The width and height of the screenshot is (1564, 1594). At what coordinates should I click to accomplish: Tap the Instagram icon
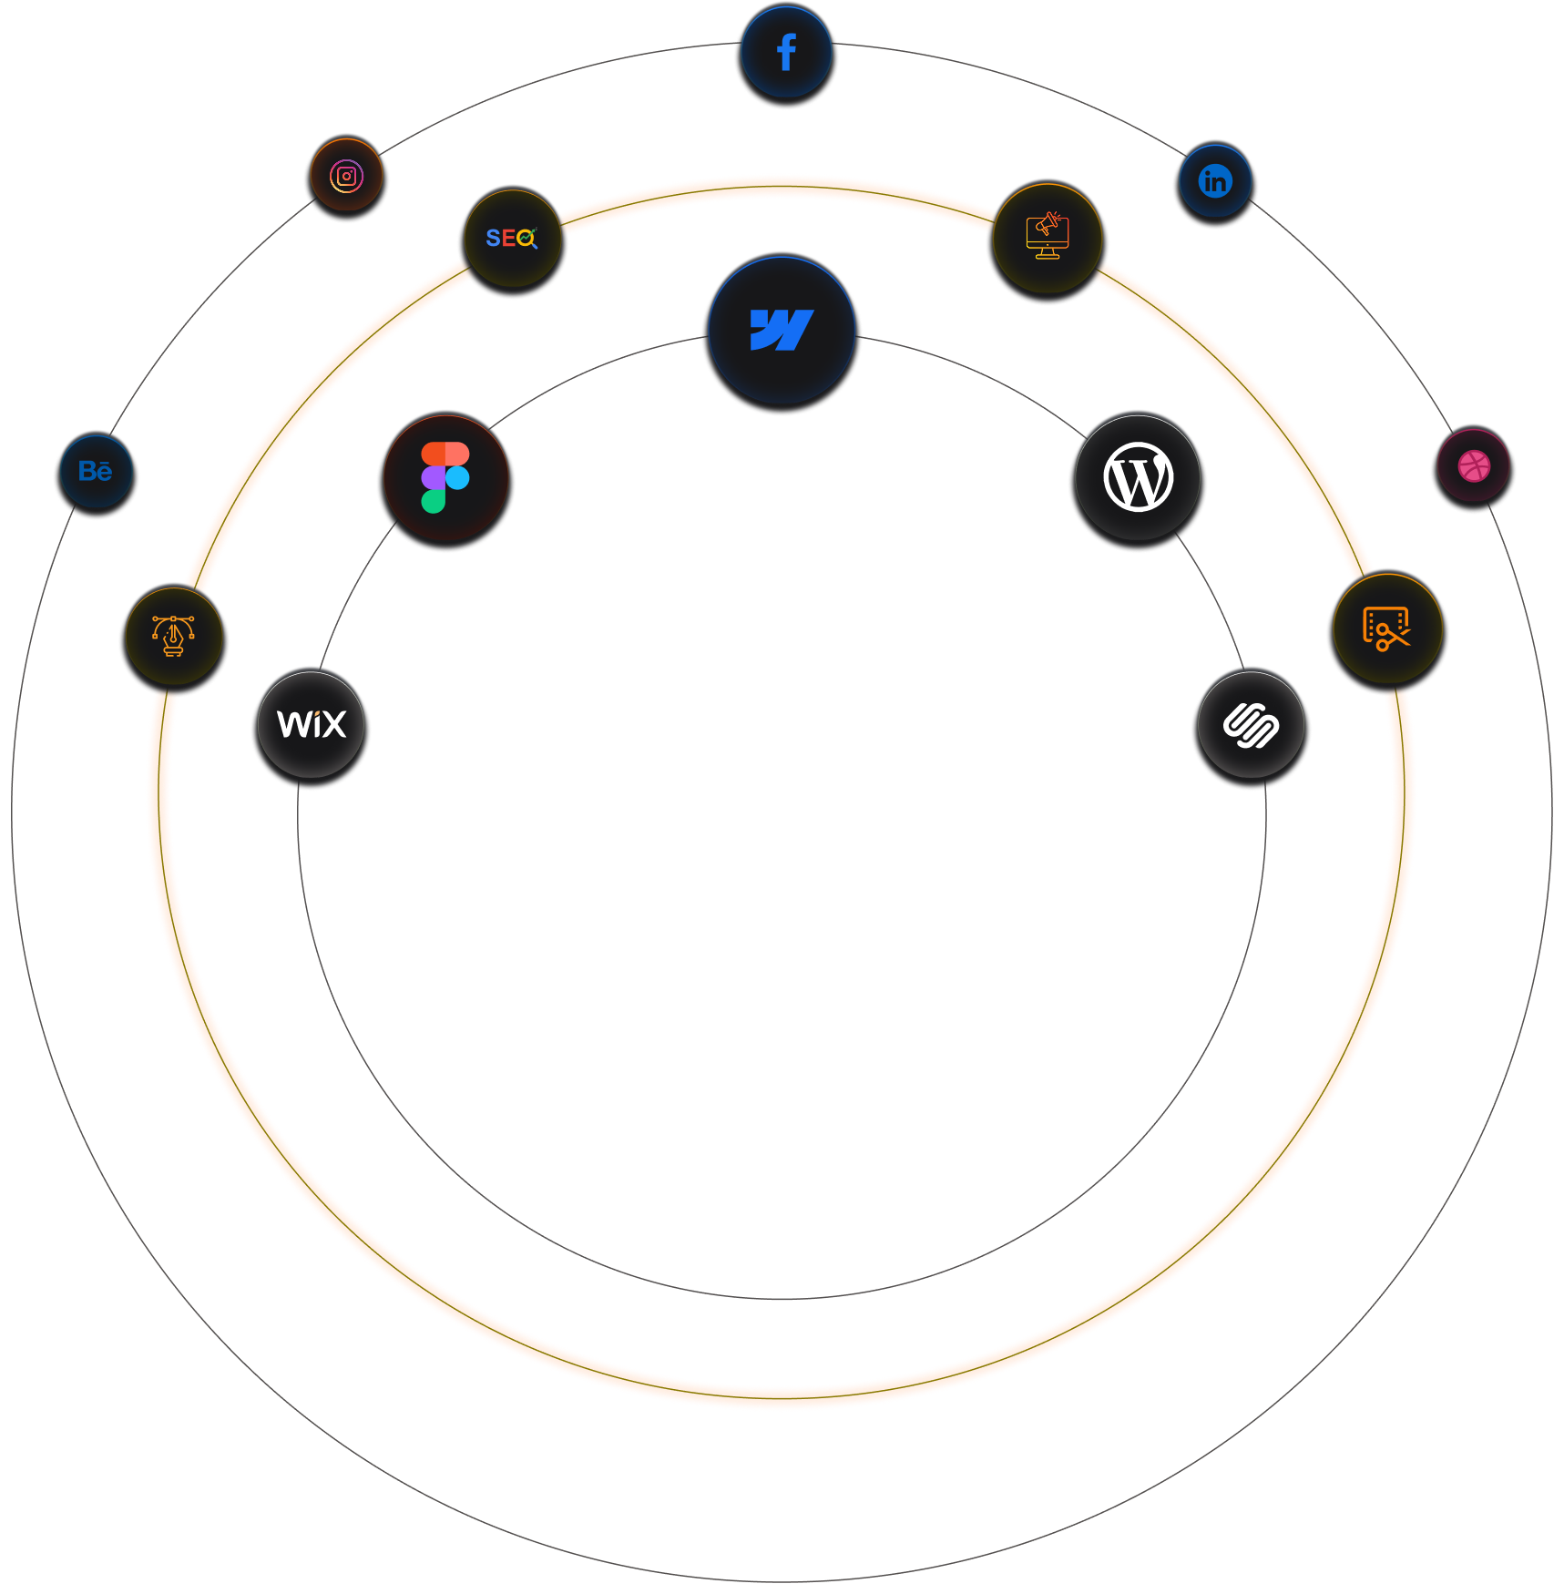346,176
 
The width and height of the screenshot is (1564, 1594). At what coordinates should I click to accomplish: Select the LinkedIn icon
1215,181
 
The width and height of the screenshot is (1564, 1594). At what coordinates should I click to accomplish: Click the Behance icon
96,471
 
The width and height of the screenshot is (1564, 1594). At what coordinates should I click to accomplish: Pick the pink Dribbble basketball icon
1474,466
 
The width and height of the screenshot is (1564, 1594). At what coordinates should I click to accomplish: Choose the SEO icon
512,239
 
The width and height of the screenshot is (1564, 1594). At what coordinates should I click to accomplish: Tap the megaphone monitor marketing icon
1048,238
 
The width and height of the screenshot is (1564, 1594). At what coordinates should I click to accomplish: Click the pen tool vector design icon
173,636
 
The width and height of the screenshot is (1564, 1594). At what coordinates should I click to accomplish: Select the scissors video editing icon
1386,628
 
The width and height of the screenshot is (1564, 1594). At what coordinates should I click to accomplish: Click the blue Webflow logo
782,330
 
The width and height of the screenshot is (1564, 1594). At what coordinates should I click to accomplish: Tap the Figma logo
445,477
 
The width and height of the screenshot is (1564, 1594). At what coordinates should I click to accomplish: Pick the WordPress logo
1138,477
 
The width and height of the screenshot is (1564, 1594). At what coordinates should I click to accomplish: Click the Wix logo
312,724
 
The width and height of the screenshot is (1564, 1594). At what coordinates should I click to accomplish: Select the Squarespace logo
1251,725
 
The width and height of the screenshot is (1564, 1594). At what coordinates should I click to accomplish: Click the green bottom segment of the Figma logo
434,501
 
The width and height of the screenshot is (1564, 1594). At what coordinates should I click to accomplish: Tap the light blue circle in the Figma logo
457,477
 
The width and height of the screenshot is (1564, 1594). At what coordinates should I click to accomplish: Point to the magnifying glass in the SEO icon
526,239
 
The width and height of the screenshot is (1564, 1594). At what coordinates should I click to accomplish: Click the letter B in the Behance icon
87,471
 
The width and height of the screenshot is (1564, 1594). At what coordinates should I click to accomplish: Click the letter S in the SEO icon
493,239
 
